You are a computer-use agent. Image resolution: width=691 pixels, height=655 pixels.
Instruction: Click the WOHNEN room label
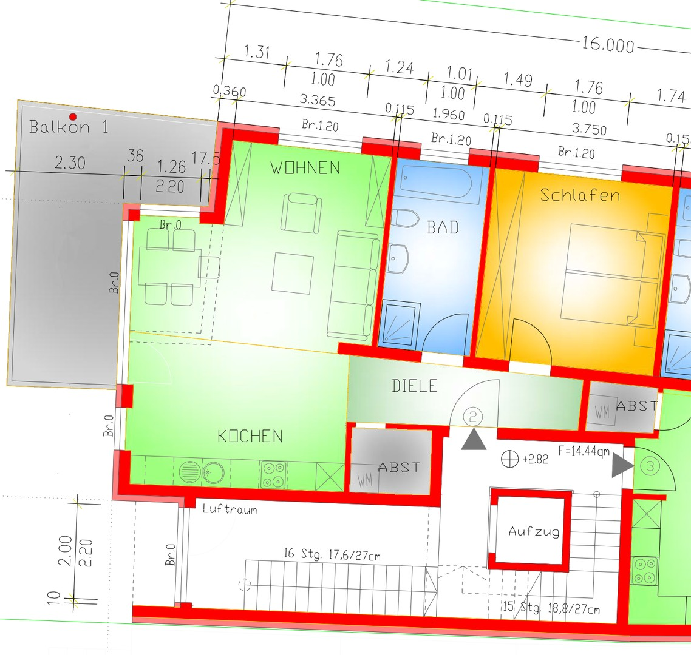(305, 168)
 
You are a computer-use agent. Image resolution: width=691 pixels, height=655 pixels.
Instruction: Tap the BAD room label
(443, 227)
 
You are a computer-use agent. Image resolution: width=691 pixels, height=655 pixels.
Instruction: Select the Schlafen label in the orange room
(580, 195)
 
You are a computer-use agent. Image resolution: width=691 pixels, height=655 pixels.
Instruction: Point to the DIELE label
(415, 386)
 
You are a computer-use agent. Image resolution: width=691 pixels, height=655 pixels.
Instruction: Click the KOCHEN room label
(250, 436)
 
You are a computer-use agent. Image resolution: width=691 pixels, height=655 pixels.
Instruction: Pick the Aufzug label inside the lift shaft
(534, 531)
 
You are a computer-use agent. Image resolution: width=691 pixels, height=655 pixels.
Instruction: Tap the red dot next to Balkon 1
(73, 116)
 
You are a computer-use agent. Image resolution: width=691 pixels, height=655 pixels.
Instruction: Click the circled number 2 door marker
(473, 417)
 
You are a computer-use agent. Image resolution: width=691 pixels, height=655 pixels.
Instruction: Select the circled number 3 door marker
(650, 466)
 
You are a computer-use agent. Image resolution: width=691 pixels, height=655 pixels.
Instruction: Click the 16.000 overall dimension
(608, 44)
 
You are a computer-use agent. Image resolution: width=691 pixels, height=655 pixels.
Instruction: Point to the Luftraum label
(230, 509)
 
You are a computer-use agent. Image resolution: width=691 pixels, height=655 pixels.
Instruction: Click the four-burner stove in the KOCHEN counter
(273, 474)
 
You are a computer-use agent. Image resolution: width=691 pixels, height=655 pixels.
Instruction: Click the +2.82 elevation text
(536, 460)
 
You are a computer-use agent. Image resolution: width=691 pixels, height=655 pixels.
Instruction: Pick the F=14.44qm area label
(584, 451)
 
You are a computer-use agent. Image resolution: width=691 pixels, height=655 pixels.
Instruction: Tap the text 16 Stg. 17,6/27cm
(332, 555)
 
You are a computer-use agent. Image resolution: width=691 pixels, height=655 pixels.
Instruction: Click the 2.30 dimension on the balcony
(70, 163)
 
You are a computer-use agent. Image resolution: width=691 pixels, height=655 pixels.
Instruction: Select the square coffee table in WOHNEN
(293, 272)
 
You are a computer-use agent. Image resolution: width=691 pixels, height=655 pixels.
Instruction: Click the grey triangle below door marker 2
(474, 441)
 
